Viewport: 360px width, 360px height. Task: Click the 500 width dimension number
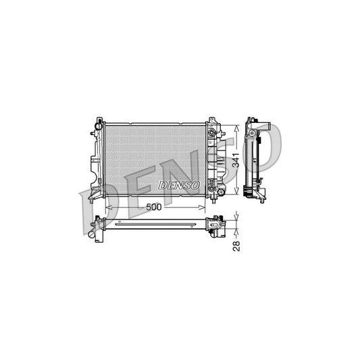(x=154, y=207)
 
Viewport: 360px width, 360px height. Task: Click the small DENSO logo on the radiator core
(x=178, y=184)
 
